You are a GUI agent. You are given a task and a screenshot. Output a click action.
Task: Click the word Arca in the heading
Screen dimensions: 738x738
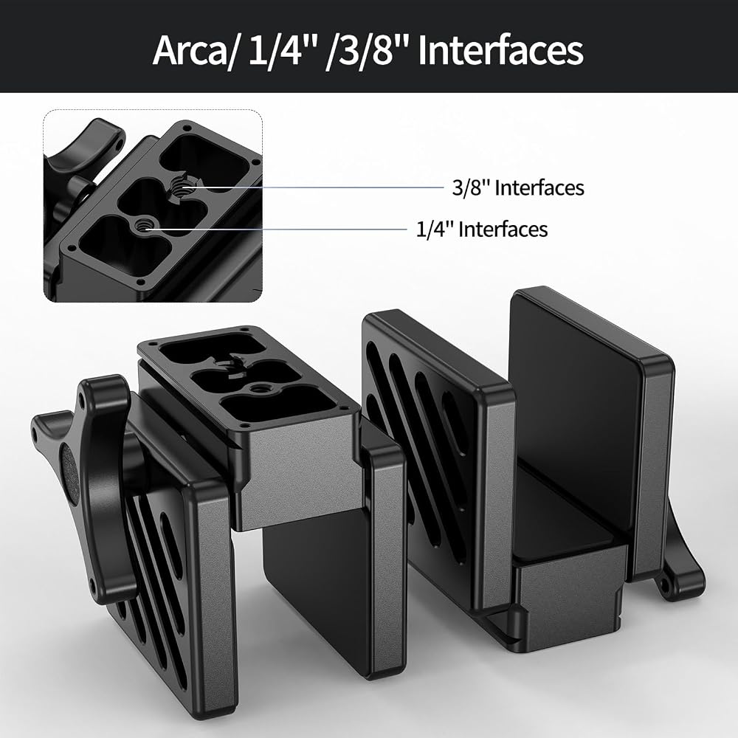pyautogui.click(x=190, y=50)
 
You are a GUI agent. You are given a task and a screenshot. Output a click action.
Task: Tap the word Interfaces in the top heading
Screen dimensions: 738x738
pyautogui.click(x=500, y=50)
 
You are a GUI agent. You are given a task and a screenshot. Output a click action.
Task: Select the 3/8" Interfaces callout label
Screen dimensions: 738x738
pyautogui.click(x=518, y=187)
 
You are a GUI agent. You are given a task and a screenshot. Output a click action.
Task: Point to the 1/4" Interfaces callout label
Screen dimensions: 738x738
pyautogui.click(x=482, y=230)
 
